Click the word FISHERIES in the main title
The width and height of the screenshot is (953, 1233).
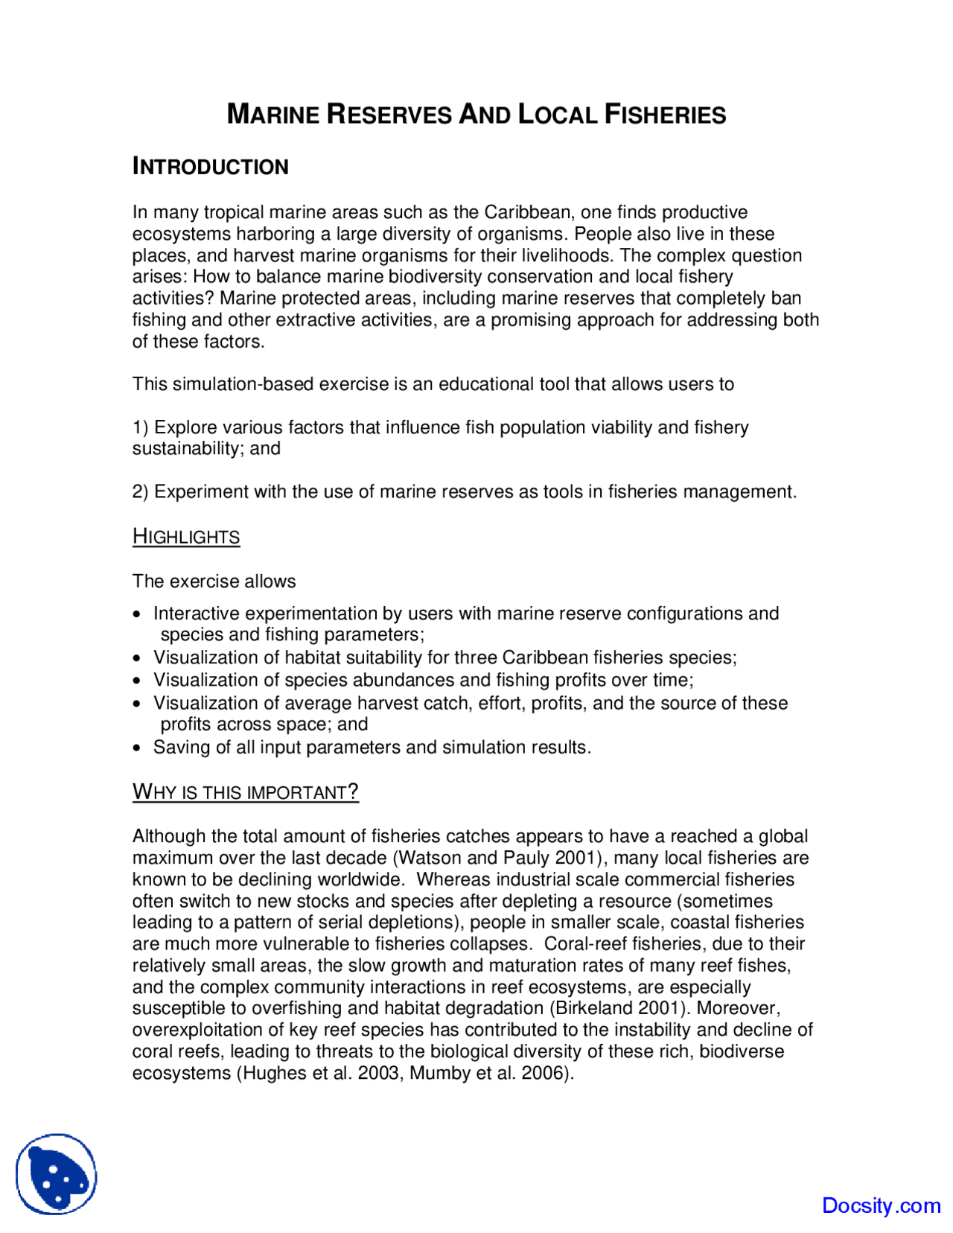665,115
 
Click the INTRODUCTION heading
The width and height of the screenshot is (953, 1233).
210,167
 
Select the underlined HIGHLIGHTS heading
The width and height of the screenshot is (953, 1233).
186,537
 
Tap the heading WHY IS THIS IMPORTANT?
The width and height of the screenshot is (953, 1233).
245,791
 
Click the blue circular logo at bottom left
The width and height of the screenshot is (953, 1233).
57,1174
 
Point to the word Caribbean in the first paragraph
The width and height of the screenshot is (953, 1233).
527,212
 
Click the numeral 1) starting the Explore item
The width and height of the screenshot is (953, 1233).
140,427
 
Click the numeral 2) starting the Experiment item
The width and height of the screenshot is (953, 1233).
140,492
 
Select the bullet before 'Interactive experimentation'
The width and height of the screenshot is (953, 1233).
136,615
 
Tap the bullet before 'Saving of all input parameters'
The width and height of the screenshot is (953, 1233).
136,748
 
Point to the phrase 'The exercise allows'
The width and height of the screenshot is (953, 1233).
214,582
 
